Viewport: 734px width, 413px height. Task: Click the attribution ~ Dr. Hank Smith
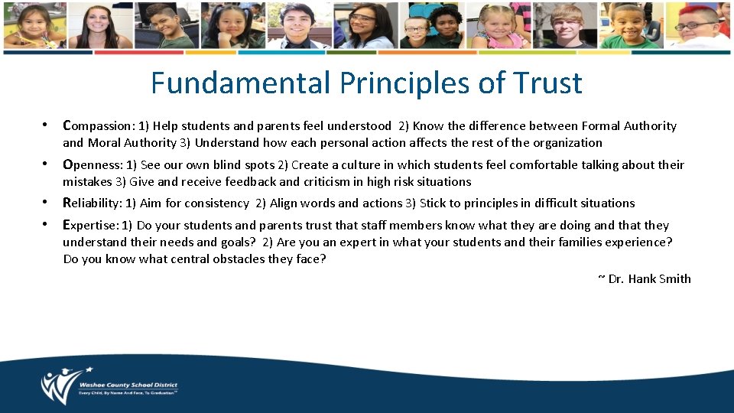(644, 278)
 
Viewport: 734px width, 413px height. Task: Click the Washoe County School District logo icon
(58, 386)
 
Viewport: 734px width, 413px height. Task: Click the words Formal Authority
(629, 125)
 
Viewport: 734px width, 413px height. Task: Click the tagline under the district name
(127, 394)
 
